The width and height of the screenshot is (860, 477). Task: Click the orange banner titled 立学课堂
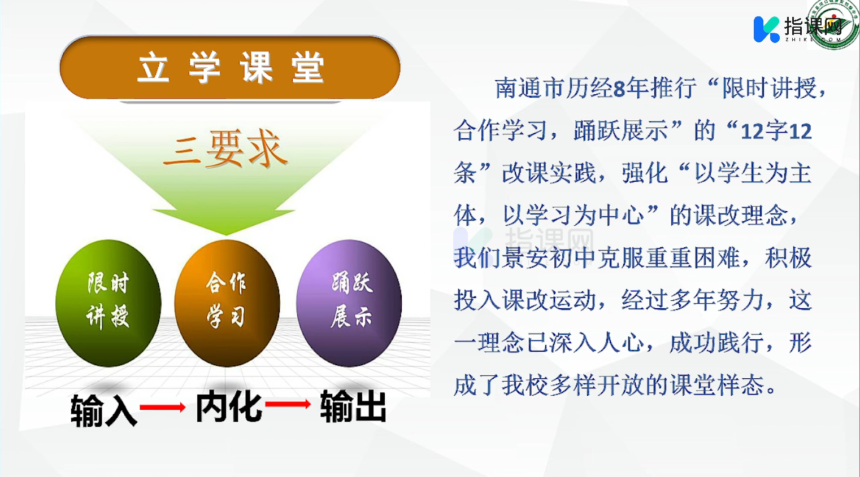coord(230,68)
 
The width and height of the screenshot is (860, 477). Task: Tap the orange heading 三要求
coord(226,149)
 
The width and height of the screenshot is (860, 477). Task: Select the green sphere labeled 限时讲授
coord(108,303)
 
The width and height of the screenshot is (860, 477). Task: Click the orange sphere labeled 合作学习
coord(227,303)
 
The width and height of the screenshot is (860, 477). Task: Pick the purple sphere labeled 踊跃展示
coord(349,303)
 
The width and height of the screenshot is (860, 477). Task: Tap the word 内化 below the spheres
coord(229,406)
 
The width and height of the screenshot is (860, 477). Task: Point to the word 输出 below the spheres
coord(353,406)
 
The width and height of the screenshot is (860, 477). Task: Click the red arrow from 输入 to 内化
coord(163,407)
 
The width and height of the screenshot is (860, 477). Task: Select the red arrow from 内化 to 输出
coord(288,404)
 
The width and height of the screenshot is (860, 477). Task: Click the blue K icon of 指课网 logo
coord(766,29)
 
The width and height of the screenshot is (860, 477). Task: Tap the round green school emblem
coord(833,24)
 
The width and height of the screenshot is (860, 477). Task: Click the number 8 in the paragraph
coord(619,89)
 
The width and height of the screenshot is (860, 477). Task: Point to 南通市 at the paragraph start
coord(530,88)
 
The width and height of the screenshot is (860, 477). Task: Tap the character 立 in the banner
coord(153,68)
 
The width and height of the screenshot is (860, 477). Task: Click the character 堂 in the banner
coord(307,68)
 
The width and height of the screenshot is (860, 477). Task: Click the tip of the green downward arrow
coord(226,235)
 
